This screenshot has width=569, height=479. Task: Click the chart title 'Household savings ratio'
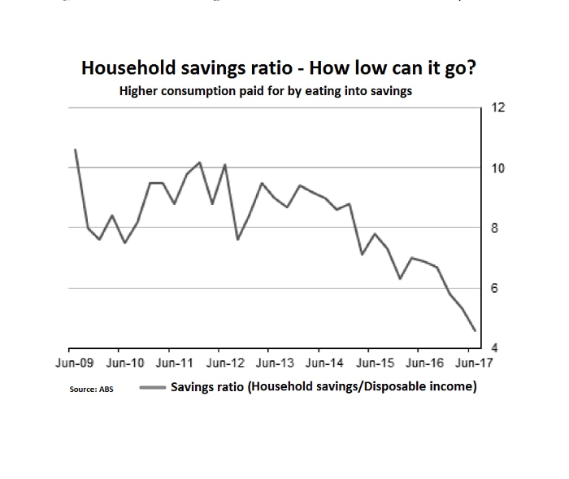point(278,68)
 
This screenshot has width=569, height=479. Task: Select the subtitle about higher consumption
point(266,91)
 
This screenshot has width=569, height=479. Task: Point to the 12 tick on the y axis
point(498,108)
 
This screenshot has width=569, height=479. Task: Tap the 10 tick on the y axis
point(498,168)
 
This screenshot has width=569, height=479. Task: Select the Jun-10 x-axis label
point(126,364)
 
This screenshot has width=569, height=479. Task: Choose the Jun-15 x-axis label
point(376,364)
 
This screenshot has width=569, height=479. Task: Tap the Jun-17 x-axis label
point(472,364)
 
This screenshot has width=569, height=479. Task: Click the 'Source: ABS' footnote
point(92,390)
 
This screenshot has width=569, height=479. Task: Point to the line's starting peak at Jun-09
point(75,150)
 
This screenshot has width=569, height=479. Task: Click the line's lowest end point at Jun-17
point(475,330)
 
